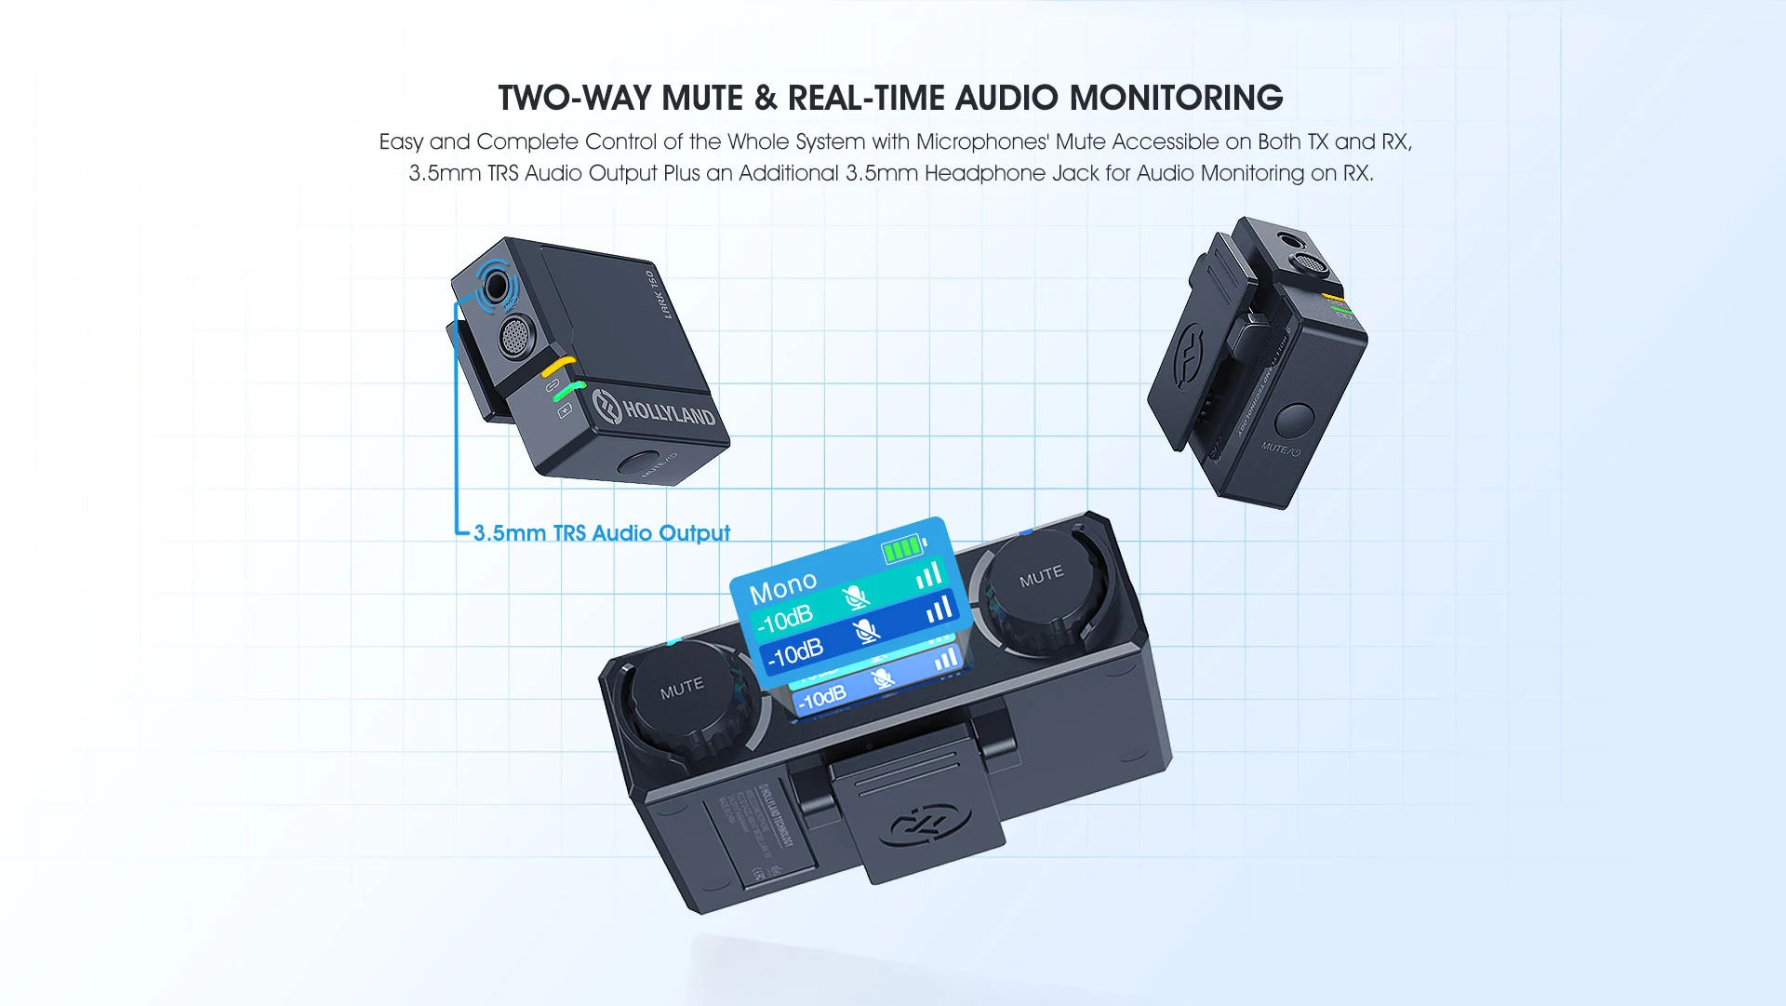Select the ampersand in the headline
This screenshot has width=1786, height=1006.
pyautogui.click(x=766, y=98)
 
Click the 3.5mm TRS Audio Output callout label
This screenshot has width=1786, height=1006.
pyautogui.click(x=601, y=533)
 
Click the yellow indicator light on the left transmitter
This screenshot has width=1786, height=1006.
pyautogui.click(x=560, y=366)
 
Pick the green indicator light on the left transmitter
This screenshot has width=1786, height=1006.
pyautogui.click(x=569, y=391)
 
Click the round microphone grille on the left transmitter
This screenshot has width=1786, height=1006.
pyautogui.click(x=515, y=336)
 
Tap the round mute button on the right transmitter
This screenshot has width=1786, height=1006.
pyautogui.click(x=1294, y=420)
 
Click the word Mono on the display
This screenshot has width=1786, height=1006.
pyautogui.click(x=783, y=587)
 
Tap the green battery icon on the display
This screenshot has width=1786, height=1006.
pyautogui.click(x=902, y=549)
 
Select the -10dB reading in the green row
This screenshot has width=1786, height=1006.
pyautogui.click(x=786, y=617)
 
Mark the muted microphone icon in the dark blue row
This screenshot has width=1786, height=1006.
pyautogui.click(x=867, y=632)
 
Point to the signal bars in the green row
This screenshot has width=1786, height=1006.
pyautogui.click(x=928, y=577)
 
